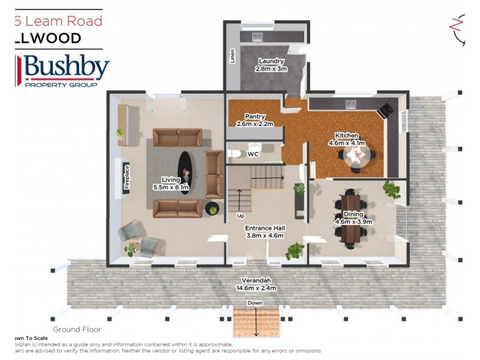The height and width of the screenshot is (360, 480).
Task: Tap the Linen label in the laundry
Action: point(232,56)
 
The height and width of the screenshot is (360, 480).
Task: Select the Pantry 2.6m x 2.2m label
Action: point(255,120)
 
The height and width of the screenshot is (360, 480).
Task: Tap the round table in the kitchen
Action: point(358,157)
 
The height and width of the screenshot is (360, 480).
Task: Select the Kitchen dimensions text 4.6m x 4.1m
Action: point(347,143)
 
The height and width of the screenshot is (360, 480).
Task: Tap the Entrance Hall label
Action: point(264,232)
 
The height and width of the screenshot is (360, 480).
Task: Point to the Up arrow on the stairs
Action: point(239,201)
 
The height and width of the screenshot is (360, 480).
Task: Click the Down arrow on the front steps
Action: point(256,324)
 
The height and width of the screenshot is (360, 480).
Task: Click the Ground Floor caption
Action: point(77,329)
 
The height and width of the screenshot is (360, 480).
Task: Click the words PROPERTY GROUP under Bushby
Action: point(61,85)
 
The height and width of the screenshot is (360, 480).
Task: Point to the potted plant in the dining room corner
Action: point(392,190)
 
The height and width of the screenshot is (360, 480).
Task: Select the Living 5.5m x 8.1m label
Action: point(171,184)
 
